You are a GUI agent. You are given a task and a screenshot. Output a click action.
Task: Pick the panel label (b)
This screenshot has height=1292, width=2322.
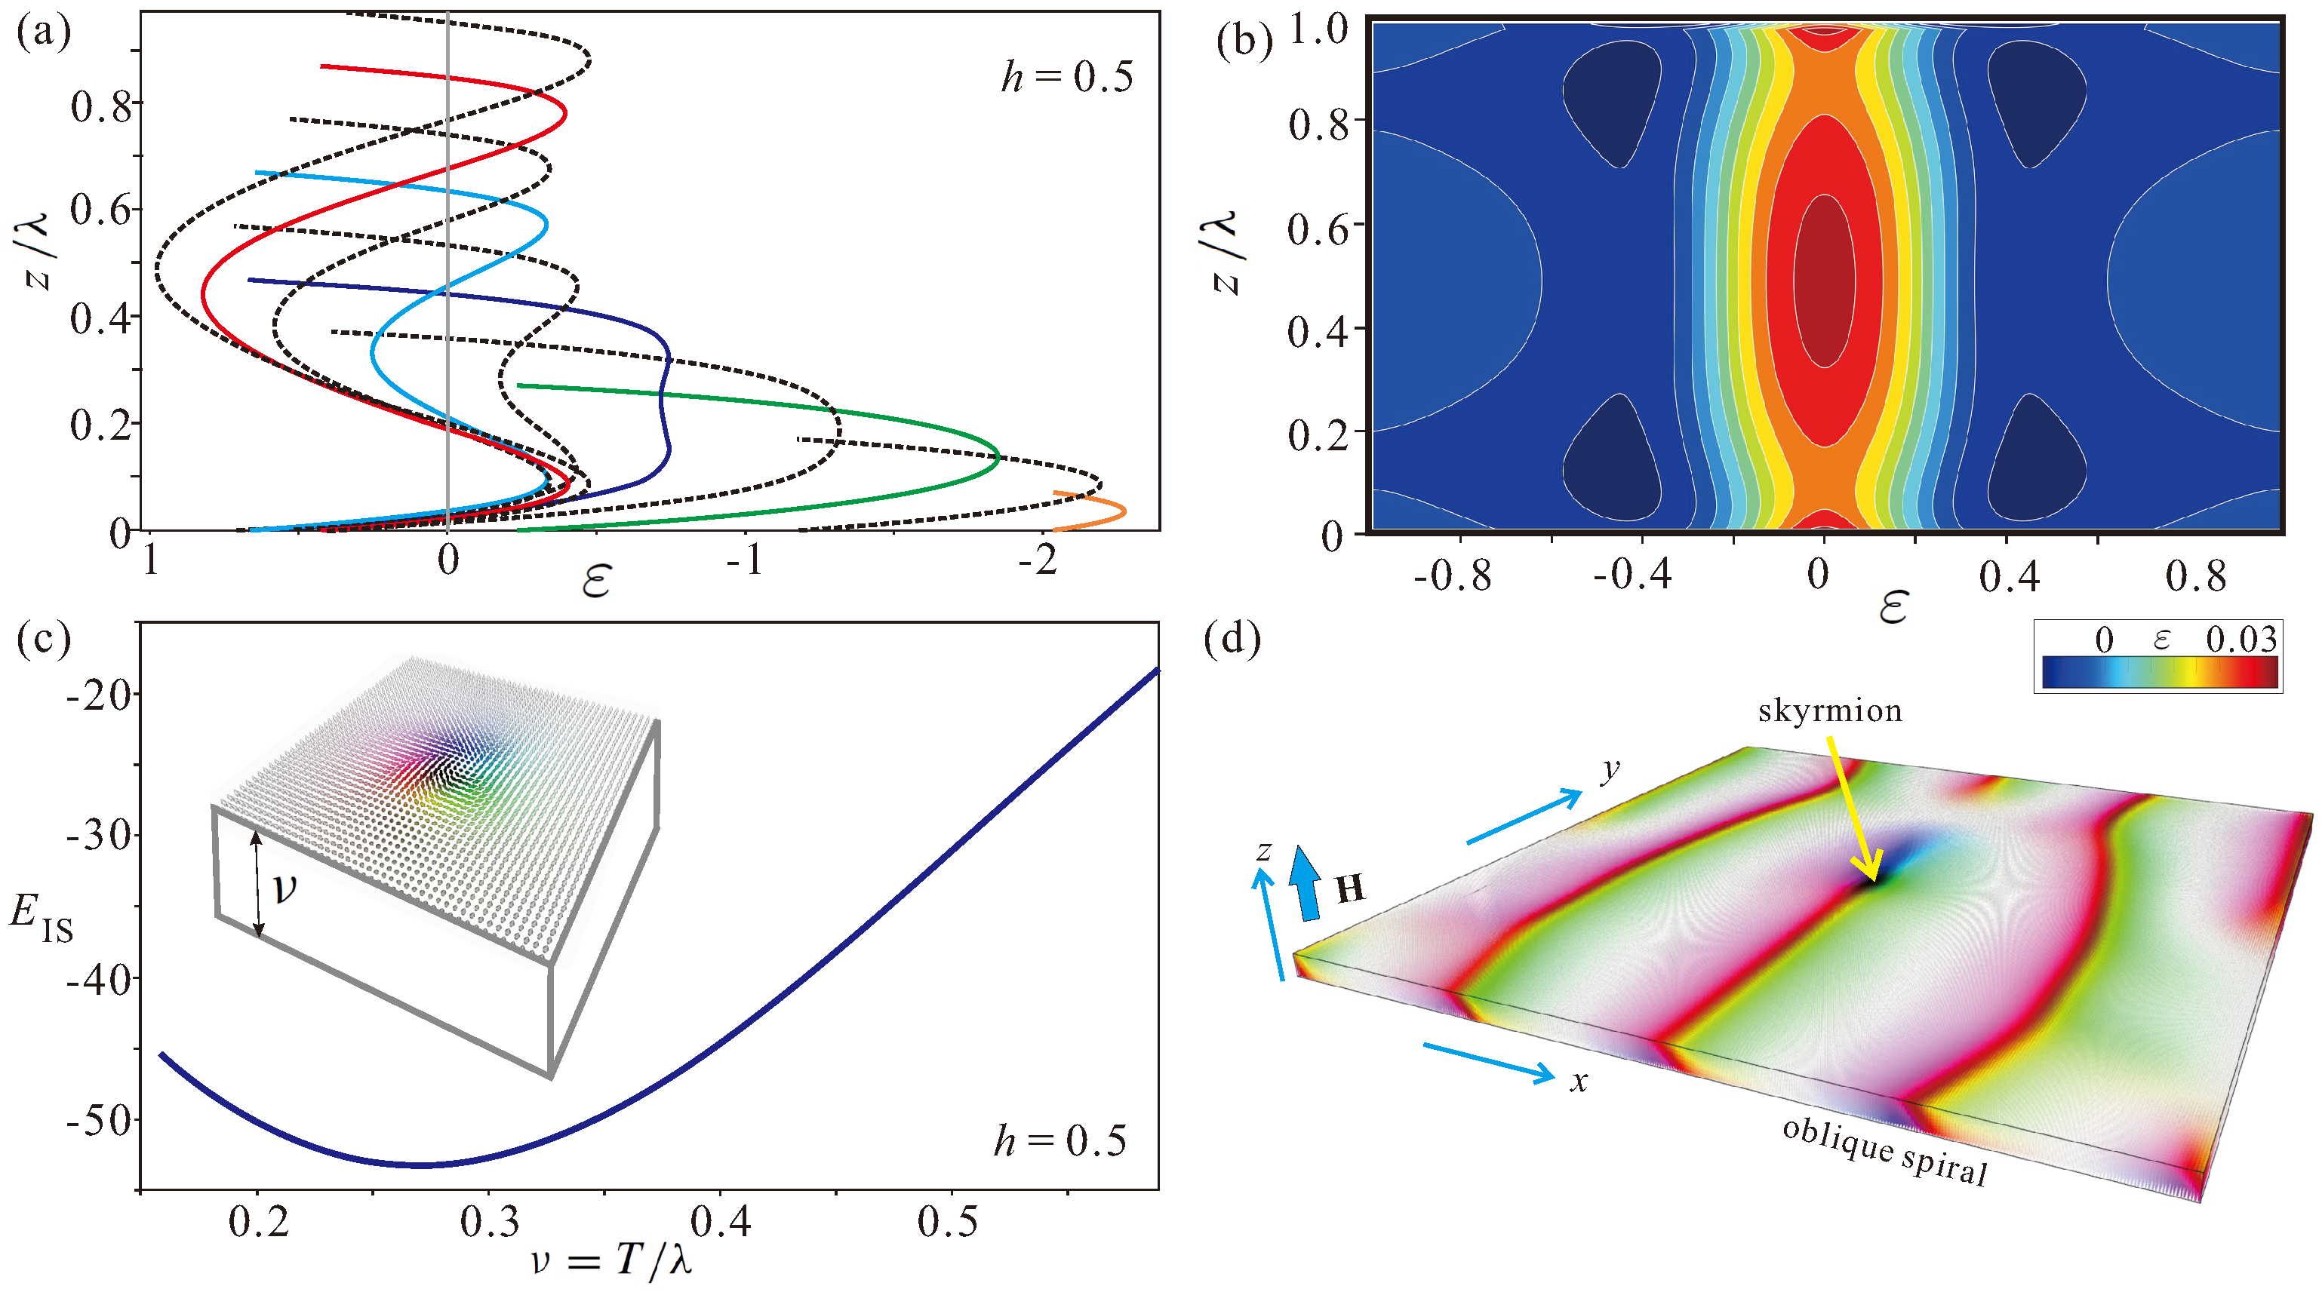click(x=1244, y=40)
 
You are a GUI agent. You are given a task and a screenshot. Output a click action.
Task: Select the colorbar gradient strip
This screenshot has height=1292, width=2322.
click(x=2159, y=672)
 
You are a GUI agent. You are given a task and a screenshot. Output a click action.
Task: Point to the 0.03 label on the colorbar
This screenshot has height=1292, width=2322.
click(x=2240, y=640)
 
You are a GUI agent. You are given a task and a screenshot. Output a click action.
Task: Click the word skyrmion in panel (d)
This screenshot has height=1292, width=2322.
click(x=1830, y=711)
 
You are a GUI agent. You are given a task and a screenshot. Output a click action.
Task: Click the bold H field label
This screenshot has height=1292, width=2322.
click(x=1349, y=888)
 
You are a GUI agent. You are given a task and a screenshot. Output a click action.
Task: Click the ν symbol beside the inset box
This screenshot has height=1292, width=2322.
click(x=284, y=888)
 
